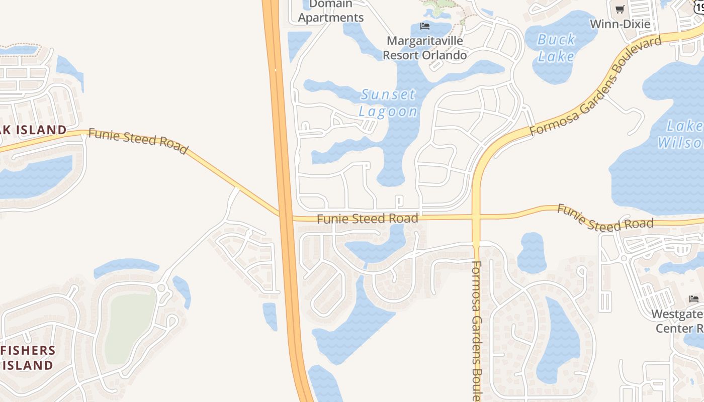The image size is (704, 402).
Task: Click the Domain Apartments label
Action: [330, 12]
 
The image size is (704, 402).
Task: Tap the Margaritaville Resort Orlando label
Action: [424, 48]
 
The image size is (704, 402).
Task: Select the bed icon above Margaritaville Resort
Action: [425, 26]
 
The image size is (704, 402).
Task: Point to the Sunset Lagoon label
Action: [388, 103]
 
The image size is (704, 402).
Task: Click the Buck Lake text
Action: [556, 48]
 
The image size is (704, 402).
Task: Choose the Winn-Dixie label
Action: [620, 24]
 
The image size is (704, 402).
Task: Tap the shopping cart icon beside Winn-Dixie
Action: [620, 9]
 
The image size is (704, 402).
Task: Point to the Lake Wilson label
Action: [681, 134]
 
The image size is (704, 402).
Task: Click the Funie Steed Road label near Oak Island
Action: [138, 141]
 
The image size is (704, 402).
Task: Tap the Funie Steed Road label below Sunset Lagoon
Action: [368, 219]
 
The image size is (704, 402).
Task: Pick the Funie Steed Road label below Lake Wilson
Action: [605, 218]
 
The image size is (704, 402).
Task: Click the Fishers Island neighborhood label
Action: [28, 357]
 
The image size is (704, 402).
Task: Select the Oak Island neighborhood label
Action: [33, 130]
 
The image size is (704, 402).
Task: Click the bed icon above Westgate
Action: [694, 299]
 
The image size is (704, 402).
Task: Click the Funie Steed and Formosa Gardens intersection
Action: [476, 217]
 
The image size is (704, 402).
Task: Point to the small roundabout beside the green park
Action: [161, 288]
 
